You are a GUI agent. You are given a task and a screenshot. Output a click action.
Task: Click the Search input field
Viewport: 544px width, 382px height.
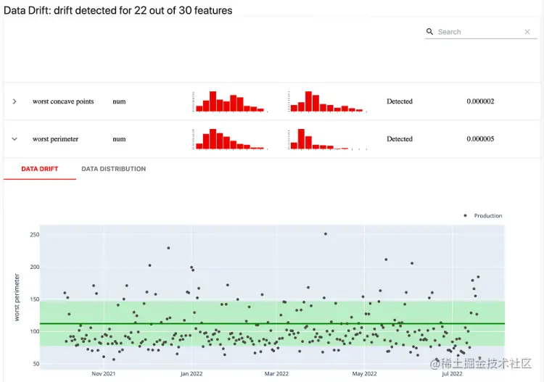click(x=479, y=32)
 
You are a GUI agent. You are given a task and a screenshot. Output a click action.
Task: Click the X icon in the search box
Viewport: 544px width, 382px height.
click(x=527, y=32)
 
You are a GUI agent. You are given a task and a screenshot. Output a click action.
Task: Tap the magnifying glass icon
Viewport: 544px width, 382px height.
click(x=430, y=32)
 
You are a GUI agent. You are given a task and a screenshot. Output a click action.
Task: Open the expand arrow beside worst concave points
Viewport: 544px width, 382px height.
click(x=15, y=101)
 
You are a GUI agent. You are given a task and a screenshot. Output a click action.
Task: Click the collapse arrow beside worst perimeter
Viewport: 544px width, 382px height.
click(x=15, y=139)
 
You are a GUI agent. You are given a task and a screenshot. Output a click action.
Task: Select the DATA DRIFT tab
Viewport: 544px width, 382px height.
click(x=40, y=169)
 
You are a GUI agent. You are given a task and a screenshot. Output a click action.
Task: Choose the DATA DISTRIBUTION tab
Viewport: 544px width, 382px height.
click(x=113, y=169)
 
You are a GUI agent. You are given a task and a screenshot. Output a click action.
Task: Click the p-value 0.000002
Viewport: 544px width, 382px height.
click(x=480, y=101)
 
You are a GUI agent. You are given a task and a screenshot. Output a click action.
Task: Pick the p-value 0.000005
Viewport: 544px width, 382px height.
click(x=480, y=139)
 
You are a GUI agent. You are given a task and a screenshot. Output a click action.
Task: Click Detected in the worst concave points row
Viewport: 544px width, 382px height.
click(x=400, y=101)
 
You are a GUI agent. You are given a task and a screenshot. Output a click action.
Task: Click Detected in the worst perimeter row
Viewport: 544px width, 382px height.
click(x=400, y=139)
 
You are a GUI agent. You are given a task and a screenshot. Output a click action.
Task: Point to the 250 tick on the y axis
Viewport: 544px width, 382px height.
click(x=34, y=235)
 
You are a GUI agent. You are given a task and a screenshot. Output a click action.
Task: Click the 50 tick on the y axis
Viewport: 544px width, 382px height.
click(x=36, y=364)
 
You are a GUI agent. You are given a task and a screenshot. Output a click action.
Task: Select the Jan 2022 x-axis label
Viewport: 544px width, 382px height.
click(x=191, y=374)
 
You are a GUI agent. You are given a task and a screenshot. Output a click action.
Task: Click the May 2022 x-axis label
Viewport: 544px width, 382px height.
click(x=364, y=374)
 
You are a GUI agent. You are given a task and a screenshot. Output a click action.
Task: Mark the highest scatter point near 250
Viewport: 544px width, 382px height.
click(x=326, y=234)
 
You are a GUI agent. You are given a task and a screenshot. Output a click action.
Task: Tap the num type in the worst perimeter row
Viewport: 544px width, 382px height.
click(x=119, y=139)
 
